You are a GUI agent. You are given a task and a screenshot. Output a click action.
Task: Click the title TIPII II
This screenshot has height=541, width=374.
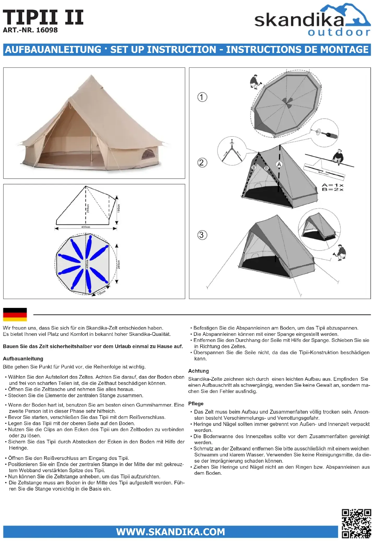point(43,17)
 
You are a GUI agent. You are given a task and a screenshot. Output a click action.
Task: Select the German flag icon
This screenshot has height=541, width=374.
point(15,314)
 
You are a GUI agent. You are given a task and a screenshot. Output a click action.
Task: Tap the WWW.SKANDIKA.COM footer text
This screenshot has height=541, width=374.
point(170,532)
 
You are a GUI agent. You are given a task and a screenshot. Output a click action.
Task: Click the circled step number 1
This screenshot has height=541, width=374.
point(202,97)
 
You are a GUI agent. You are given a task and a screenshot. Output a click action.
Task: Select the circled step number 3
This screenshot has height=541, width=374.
point(202,235)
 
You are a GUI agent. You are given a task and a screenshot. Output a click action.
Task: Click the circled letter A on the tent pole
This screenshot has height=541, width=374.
point(279,164)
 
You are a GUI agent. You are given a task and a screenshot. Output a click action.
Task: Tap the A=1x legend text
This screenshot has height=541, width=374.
point(333,185)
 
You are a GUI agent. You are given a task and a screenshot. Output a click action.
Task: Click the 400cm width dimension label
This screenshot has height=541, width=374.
point(86,227)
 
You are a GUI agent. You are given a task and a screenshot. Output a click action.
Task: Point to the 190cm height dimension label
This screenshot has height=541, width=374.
point(119,208)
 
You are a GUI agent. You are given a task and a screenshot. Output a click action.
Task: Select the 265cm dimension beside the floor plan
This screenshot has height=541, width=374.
point(119,264)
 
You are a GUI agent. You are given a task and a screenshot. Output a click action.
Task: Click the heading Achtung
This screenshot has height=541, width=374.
point(198,371)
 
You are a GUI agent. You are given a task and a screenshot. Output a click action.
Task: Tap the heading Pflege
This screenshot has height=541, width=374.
point(196,403)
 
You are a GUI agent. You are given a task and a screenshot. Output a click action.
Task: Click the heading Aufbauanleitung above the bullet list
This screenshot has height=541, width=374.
point(23,359)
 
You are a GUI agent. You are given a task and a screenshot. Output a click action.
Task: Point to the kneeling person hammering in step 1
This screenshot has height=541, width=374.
point(255,82)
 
